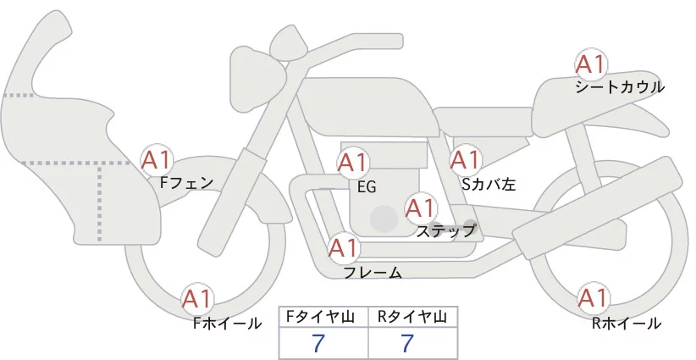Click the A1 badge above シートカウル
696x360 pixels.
[590, 64]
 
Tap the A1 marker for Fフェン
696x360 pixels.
[157, 158]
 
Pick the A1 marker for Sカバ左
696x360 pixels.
[465, 159]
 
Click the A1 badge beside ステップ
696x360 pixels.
[421, 207]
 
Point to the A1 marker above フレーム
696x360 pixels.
[343, 248]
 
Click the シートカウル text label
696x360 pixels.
[619, 87]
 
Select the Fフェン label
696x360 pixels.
[187, 181]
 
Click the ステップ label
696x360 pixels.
[446, 230]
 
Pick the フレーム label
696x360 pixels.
[373, 272]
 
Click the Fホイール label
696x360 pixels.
[228, 323]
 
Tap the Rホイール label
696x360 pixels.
[627, 323]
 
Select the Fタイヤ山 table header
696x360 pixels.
[323, 317]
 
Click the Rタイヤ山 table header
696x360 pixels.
[412, 317]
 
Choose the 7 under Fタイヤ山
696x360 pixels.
[319, 343]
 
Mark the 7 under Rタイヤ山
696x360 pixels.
[407, 343]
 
